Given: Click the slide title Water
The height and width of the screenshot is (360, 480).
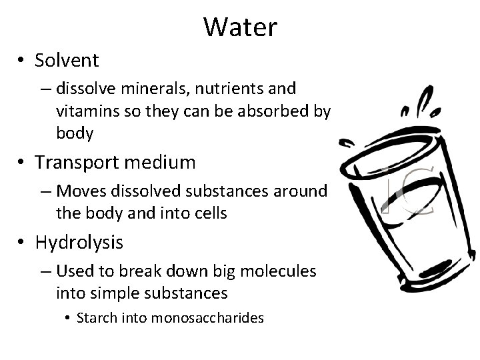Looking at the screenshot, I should pos(240,27).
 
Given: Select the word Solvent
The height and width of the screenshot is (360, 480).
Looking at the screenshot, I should pos(67,61).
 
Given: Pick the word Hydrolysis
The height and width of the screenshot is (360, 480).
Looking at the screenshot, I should pos(79,243).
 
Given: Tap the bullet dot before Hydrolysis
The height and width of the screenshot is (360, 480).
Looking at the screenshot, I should pos(23,243).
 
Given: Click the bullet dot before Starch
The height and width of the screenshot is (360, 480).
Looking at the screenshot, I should pos(69,318).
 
